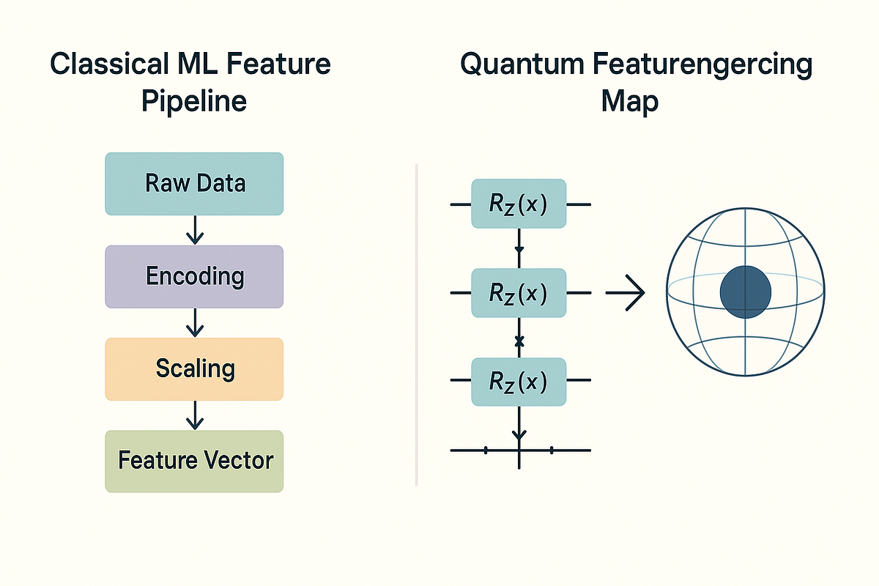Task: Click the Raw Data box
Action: [194, 183]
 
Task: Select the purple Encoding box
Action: [194, 276]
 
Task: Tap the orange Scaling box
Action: [194, 368]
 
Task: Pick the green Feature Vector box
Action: [194, 461]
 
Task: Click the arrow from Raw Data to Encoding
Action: [194, 230]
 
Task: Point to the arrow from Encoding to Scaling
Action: [194, 322]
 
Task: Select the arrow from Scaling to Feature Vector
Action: [194, 415]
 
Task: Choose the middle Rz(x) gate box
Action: [519, 293]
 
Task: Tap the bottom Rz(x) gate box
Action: [519, 382]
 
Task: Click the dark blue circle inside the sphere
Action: [745, 291]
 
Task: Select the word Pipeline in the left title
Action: [194, 100]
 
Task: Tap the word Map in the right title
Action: [629, 100]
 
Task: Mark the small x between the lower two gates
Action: [519, 341]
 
